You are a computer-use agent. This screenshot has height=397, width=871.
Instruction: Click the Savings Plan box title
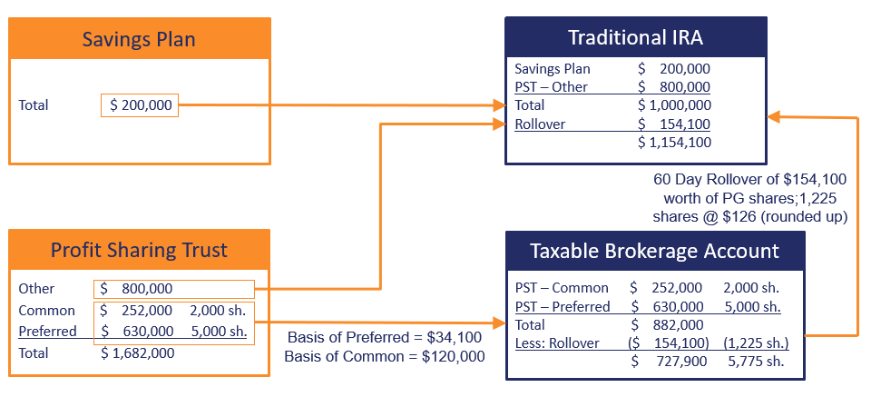139,39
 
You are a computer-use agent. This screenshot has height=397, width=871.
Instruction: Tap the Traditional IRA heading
635,37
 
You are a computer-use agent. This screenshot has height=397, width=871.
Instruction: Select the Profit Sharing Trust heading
139,250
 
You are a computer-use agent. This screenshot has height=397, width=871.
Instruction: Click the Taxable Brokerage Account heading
654,251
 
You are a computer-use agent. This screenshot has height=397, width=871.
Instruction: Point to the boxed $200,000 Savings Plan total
140,104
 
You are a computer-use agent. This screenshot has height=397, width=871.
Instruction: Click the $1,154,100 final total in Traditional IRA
674,143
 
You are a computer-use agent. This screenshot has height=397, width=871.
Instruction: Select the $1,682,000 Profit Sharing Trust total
138,353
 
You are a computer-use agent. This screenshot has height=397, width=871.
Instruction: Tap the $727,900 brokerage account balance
669,362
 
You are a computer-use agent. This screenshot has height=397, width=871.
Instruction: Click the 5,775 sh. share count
756,362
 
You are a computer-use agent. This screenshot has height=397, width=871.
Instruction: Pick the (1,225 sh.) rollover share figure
756,343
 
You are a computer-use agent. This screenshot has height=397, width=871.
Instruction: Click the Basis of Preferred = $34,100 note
385,338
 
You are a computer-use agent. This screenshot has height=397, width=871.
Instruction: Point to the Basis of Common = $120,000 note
385,356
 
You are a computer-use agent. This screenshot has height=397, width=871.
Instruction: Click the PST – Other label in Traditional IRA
551,86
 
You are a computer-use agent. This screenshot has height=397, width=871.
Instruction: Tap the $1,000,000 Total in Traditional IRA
674,105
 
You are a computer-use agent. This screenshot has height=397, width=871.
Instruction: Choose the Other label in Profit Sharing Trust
36,289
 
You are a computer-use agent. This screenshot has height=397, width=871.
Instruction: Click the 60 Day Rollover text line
750,180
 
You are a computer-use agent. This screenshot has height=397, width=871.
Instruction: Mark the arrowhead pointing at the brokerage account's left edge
499,323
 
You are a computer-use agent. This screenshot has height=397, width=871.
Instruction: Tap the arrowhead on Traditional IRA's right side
774,117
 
